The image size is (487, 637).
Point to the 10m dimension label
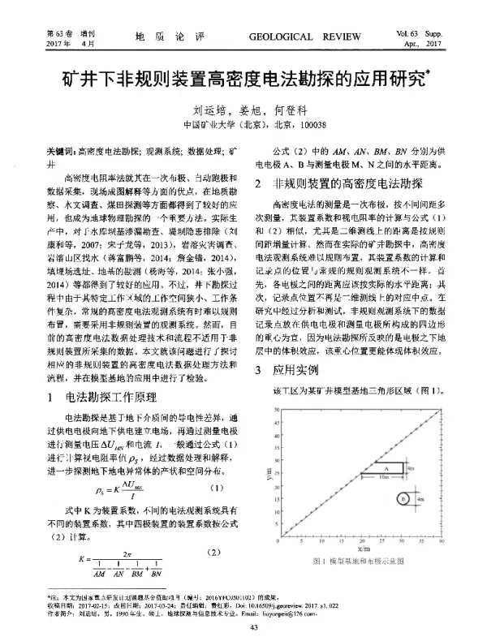tap(385, 477)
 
